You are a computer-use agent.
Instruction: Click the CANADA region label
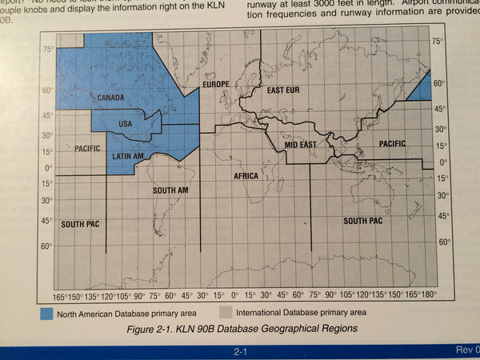click(111, 98)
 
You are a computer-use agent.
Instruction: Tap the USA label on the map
click(125, 123)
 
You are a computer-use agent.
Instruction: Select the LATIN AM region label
click(128, 155)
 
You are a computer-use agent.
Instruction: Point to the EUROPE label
click(216, 84)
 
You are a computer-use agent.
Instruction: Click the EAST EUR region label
click(283, 90)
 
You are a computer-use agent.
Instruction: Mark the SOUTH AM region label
click(170, 190)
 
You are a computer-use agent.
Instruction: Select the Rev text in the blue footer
click(466, 350)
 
